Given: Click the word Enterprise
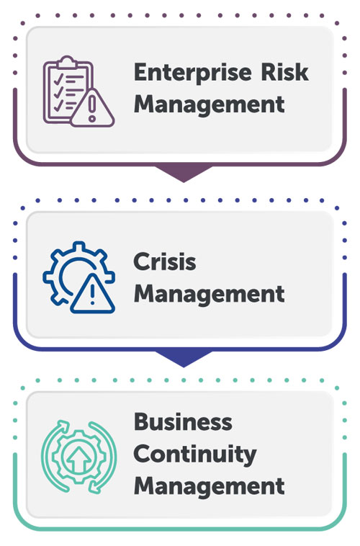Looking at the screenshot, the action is click(x=192, y=73).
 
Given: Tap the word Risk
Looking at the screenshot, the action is click(x=284, y=72).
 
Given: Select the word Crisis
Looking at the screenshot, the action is click(x=165, y=261).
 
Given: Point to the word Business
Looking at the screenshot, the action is click(x=183, y=421).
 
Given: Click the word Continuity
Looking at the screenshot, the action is click(x=195, y=455).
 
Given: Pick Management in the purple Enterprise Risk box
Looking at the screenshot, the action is click(x=210, y=104).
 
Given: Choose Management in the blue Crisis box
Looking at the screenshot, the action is click(x=210, y=294).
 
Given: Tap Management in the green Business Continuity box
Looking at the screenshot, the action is click(x=210, y=486).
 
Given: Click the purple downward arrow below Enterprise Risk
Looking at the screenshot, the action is click(x=184, y=173).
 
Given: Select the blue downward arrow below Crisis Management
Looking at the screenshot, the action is click(x=184, y=358).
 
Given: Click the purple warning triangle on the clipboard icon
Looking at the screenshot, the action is click(x=92, y=108).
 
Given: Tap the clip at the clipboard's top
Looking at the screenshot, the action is click(x=67, y=62).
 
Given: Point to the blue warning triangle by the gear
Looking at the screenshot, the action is click(x=92, y=294).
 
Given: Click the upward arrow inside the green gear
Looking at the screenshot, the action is click(x=79, y=459).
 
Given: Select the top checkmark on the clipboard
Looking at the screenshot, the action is click(x=58, y=78).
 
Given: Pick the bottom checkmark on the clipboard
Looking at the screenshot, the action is click(x=58, y=105).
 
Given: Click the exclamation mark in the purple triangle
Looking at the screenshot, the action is click(x=92, y=108).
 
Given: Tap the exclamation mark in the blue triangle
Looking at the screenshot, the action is click(x=92, y=296).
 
